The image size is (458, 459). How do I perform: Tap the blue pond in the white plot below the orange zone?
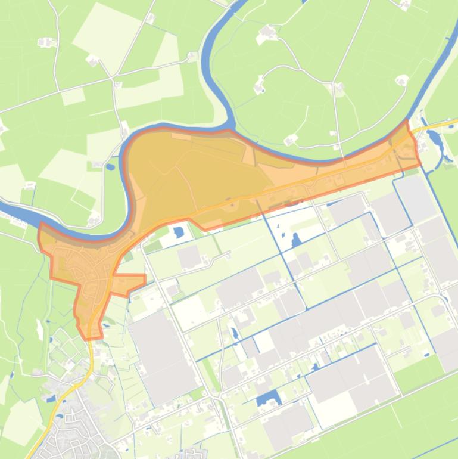[179, 231]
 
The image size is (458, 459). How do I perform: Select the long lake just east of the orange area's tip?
[434, 141]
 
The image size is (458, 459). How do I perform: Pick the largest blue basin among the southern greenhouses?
[269, 398]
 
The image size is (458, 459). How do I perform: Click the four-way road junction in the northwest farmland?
[113, 77]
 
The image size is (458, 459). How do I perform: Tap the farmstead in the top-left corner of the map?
[46, 42]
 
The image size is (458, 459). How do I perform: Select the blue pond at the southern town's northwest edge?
[51, 398]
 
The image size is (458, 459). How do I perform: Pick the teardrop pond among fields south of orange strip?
[296, 240]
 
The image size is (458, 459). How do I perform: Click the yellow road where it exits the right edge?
[454, 123]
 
